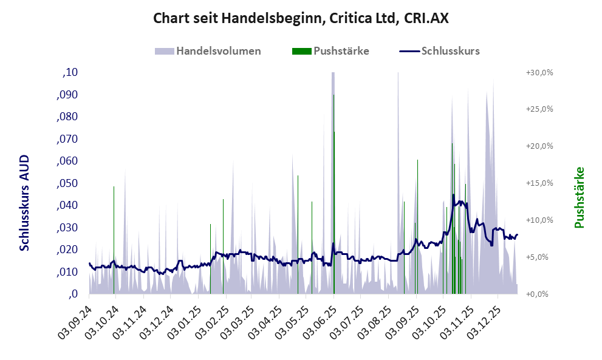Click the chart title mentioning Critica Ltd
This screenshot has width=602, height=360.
click(301, 19)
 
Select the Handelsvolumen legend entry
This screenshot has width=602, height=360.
click(217, 51)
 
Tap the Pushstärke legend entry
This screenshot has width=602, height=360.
click(341, 51)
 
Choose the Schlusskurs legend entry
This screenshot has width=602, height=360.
click(450, 51)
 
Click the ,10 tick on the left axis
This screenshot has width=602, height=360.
click(70, 73)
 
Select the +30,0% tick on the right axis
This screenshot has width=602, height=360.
click(539, 73)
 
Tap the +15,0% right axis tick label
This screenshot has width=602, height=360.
click(539, 183)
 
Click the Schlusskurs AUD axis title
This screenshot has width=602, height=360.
click(24, 202)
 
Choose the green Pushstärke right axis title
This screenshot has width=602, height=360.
click(579, 198)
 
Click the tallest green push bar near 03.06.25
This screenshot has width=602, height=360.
click(334, 212)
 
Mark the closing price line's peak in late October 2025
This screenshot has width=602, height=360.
click(453, 195)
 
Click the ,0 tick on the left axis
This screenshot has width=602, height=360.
click(74, 294)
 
